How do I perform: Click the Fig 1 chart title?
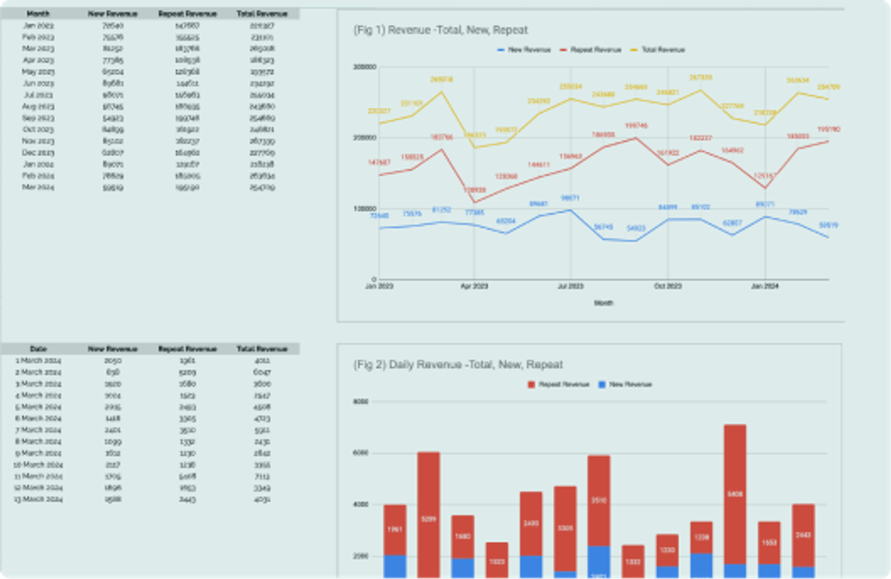(440, 30)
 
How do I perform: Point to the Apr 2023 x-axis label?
(474, 286)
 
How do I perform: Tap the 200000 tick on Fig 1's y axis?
(364, 138)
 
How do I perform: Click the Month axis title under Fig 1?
(603, 303)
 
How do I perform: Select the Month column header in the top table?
(38, 14)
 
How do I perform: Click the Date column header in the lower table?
(38, 349)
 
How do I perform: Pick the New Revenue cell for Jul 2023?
(113, 95)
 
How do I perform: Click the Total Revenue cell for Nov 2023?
(262, 141)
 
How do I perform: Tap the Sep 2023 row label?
(38, 118)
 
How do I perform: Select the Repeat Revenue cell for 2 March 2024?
(187, 372)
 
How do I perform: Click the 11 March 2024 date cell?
(38, 476)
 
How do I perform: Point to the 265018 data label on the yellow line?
(442, 79)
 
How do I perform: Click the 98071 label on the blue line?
(570, 198)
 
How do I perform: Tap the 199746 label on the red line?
(636, 126)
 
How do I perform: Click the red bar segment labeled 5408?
(735, 494)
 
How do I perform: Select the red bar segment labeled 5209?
(428, 519)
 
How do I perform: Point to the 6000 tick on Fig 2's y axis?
(360, 453)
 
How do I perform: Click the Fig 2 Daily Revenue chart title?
(457, 365)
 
